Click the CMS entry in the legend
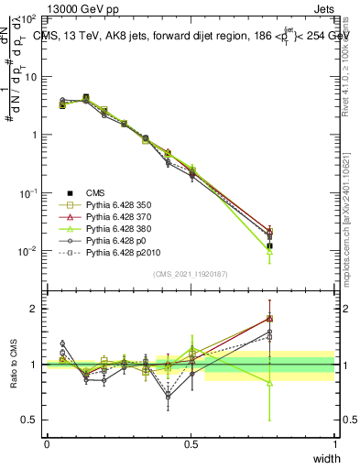click(x=95, y=192)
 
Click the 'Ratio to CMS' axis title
click(x=13, y=365)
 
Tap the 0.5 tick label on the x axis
click(x=191, y=443)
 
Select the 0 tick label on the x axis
click(x=47, y=443)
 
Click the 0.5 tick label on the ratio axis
click(x=31, y=420)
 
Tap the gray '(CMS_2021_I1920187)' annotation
click(x=191, y=274)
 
